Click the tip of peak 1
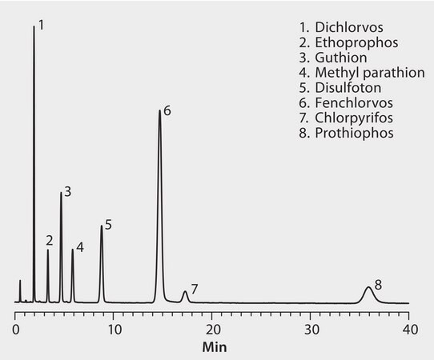point(34,26)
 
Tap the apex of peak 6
point(159,111)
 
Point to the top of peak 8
point(368,287)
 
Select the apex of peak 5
point(101,226)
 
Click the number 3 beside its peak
point(68,192)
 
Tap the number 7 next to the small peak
point(195,288)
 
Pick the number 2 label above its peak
point(49,240)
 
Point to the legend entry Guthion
point(329,58)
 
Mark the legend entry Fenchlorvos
point(340,103)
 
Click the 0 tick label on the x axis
point(15,329)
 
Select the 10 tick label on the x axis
point(113,329)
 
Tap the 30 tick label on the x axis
point(310,329)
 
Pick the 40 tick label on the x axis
point(408,329)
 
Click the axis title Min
point(213,347)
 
